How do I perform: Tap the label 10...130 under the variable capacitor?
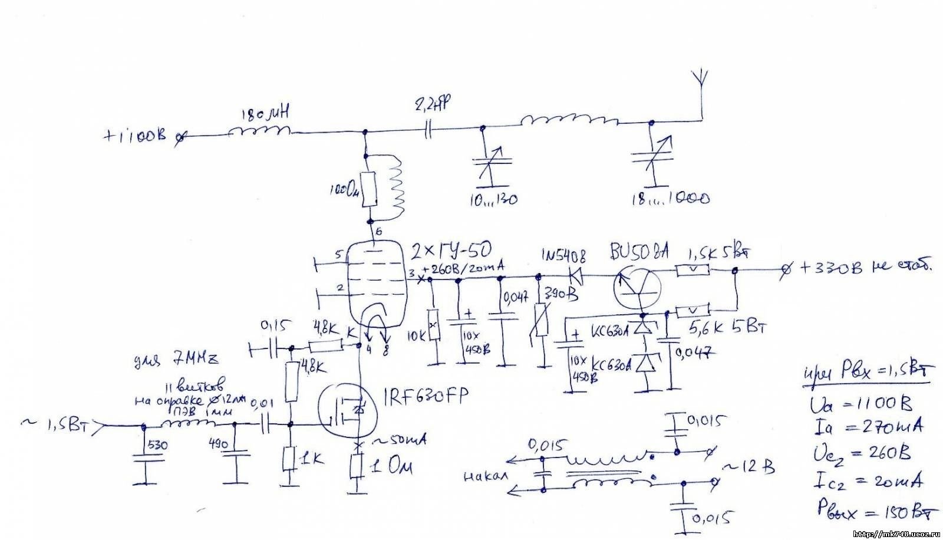click(x=494, y=200)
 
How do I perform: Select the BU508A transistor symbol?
click(x=637, y=288)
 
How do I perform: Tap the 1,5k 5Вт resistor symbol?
click(x=693, y=271)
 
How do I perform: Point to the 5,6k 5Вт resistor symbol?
click(x=693, y=311)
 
